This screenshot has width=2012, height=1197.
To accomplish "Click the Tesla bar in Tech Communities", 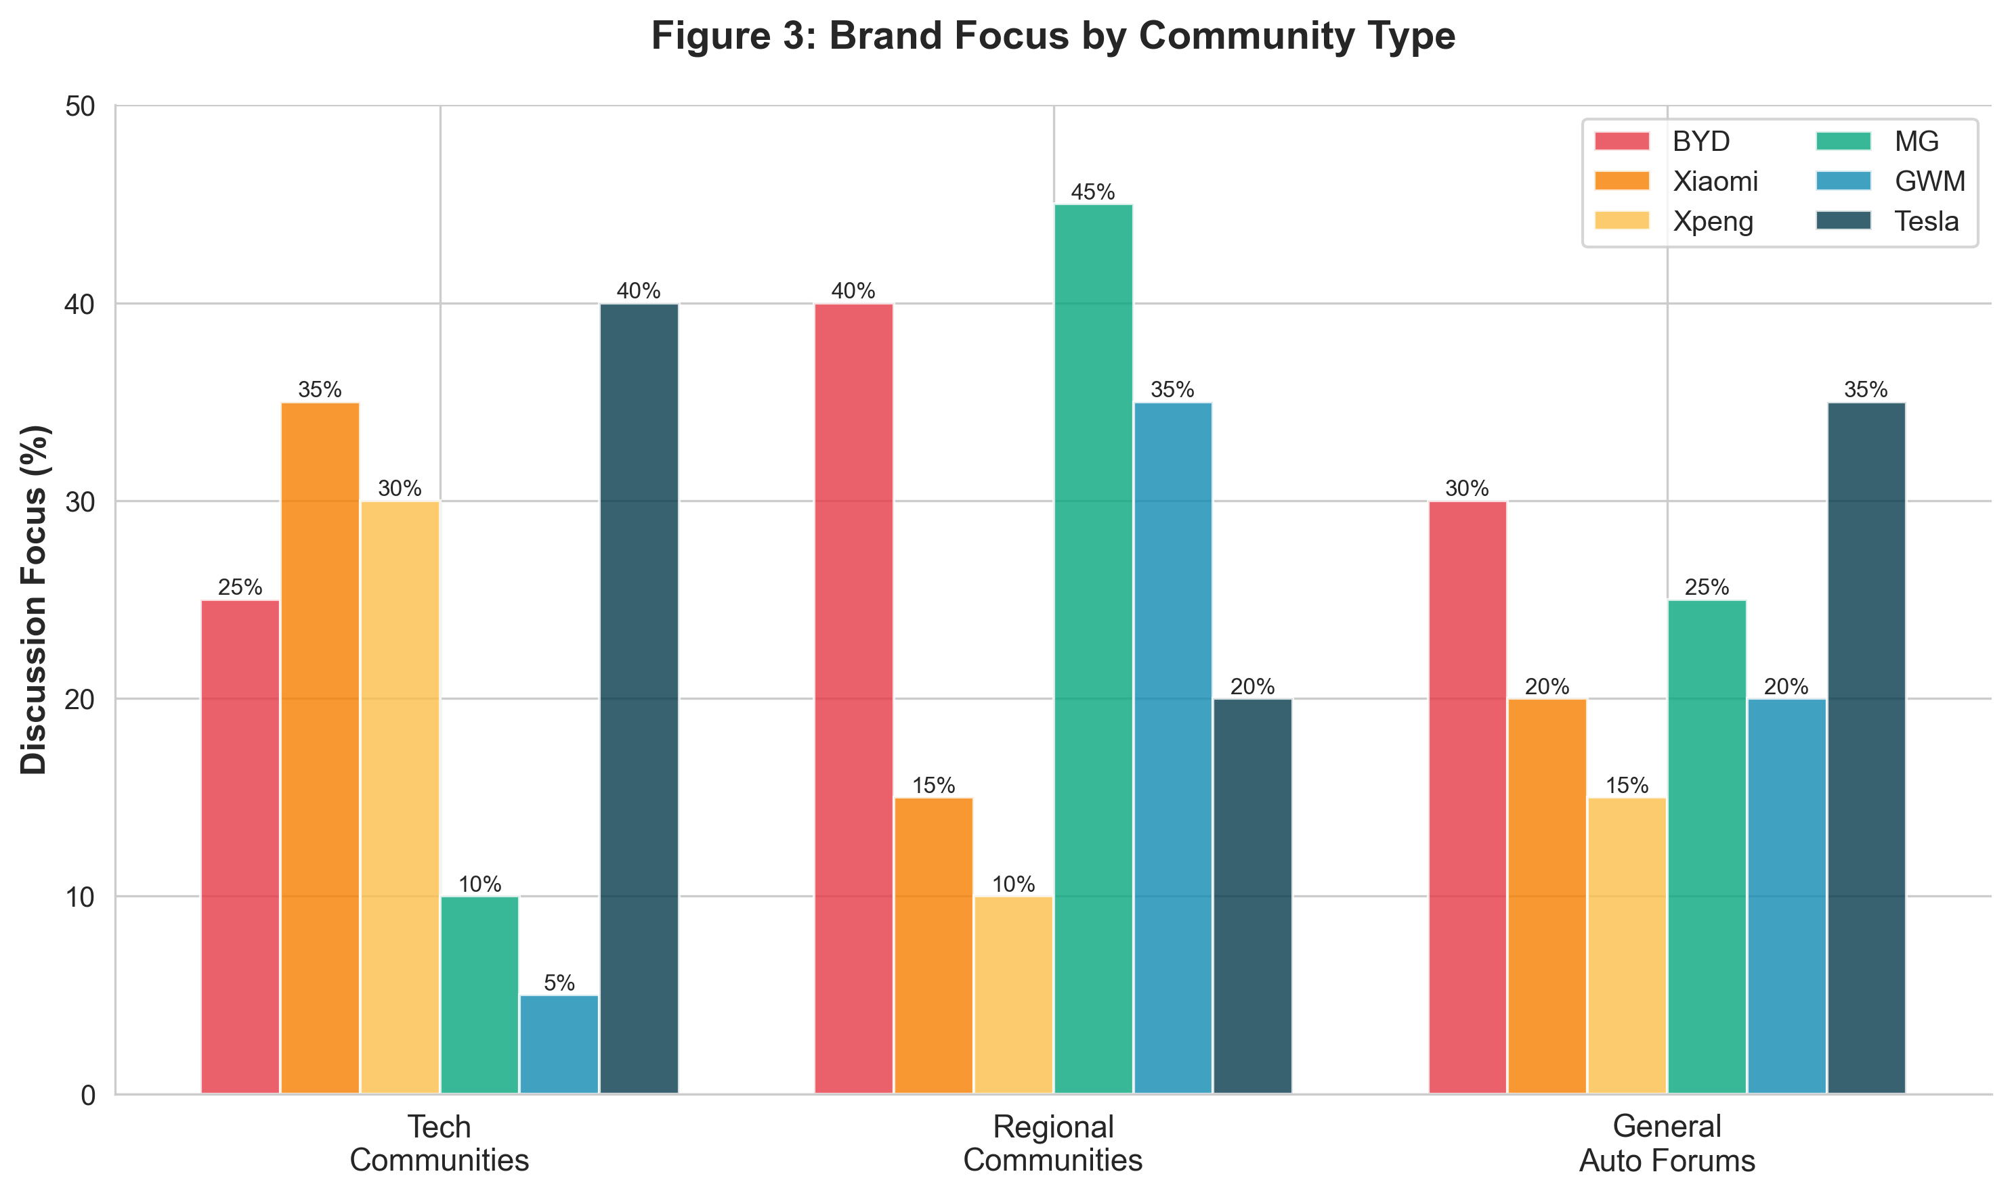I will click(x=639, y=698).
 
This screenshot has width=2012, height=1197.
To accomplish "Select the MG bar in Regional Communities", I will click(x=1093, y=650).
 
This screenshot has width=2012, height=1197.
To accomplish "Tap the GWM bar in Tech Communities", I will click(x=559, y=1045).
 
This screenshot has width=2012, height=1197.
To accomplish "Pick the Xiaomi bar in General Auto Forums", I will click(x=1546, y=896).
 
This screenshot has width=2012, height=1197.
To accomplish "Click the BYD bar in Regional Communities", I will click(x=853, y=698).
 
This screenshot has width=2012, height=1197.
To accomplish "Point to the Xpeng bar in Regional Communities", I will click(x=1013, y=995).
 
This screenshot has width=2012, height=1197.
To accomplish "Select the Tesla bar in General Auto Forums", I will click(x=1866, y=748).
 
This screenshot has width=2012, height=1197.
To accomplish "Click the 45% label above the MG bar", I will click(x=1093, y=192).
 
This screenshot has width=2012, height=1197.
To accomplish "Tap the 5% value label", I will click(x=559, y=983).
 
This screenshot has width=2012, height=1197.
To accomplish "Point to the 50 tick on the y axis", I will click(x=80, y=106).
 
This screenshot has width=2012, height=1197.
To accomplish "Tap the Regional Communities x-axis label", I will click(x=1052, y=1144).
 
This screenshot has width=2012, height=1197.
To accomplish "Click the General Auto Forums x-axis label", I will click(x=1667, y=1144).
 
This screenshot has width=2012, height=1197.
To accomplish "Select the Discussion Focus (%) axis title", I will click(x=35, y=600).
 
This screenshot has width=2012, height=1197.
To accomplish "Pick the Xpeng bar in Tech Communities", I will click(x=400, y=797).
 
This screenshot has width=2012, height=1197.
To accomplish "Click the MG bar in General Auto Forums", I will click(x=1706, y=847).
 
